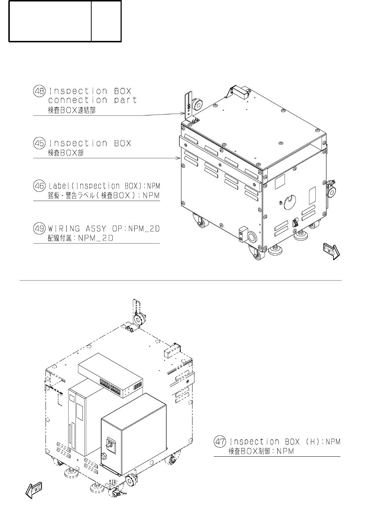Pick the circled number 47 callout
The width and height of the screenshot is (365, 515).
pos(220,442)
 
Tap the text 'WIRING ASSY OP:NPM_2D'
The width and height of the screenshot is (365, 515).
pos(104,229)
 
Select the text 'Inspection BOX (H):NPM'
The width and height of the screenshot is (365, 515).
pos(285,442)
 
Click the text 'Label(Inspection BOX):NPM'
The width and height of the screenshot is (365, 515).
pos(104,186)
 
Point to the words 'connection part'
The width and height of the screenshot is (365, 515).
pos(93,100)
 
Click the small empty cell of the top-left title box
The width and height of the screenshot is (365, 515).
pos(106,21)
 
